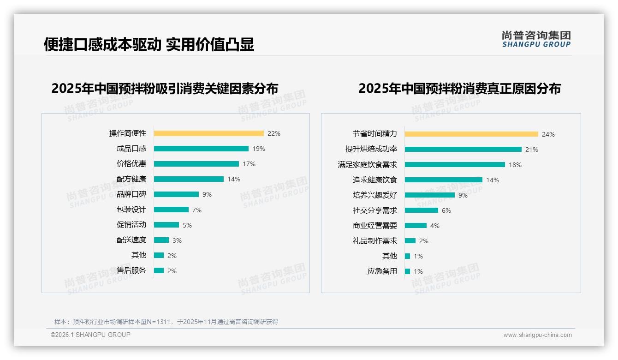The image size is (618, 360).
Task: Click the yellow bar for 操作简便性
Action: [208, 133]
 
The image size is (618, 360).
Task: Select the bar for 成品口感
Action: [201, 149]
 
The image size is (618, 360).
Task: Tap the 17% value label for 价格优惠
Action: [249, 164]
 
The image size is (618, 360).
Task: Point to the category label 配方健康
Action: [131, 179]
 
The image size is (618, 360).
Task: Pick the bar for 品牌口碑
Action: [176, 194]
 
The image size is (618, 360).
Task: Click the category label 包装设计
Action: [131, 210]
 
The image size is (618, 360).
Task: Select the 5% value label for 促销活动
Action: [187, 225]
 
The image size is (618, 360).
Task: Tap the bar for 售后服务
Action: [159, 270]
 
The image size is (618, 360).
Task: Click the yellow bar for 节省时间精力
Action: [471, 134]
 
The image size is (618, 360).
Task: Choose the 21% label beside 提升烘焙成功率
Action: [532, 150]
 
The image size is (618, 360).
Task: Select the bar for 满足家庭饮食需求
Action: [455, 164]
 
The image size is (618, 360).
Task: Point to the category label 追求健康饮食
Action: [375, 180]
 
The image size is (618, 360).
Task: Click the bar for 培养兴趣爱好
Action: [430, 195]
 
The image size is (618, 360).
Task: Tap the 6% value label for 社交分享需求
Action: [446, 210]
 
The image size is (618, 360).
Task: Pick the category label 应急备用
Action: [382, 271]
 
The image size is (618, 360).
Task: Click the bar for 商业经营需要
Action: [416, 226]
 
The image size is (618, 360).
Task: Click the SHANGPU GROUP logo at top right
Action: [536, 39]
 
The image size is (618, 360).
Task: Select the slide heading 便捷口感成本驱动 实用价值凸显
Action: [149, 44]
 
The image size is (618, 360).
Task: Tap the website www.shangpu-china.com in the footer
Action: [537, 335]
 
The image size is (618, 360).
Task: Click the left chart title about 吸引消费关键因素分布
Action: [165, 89]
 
